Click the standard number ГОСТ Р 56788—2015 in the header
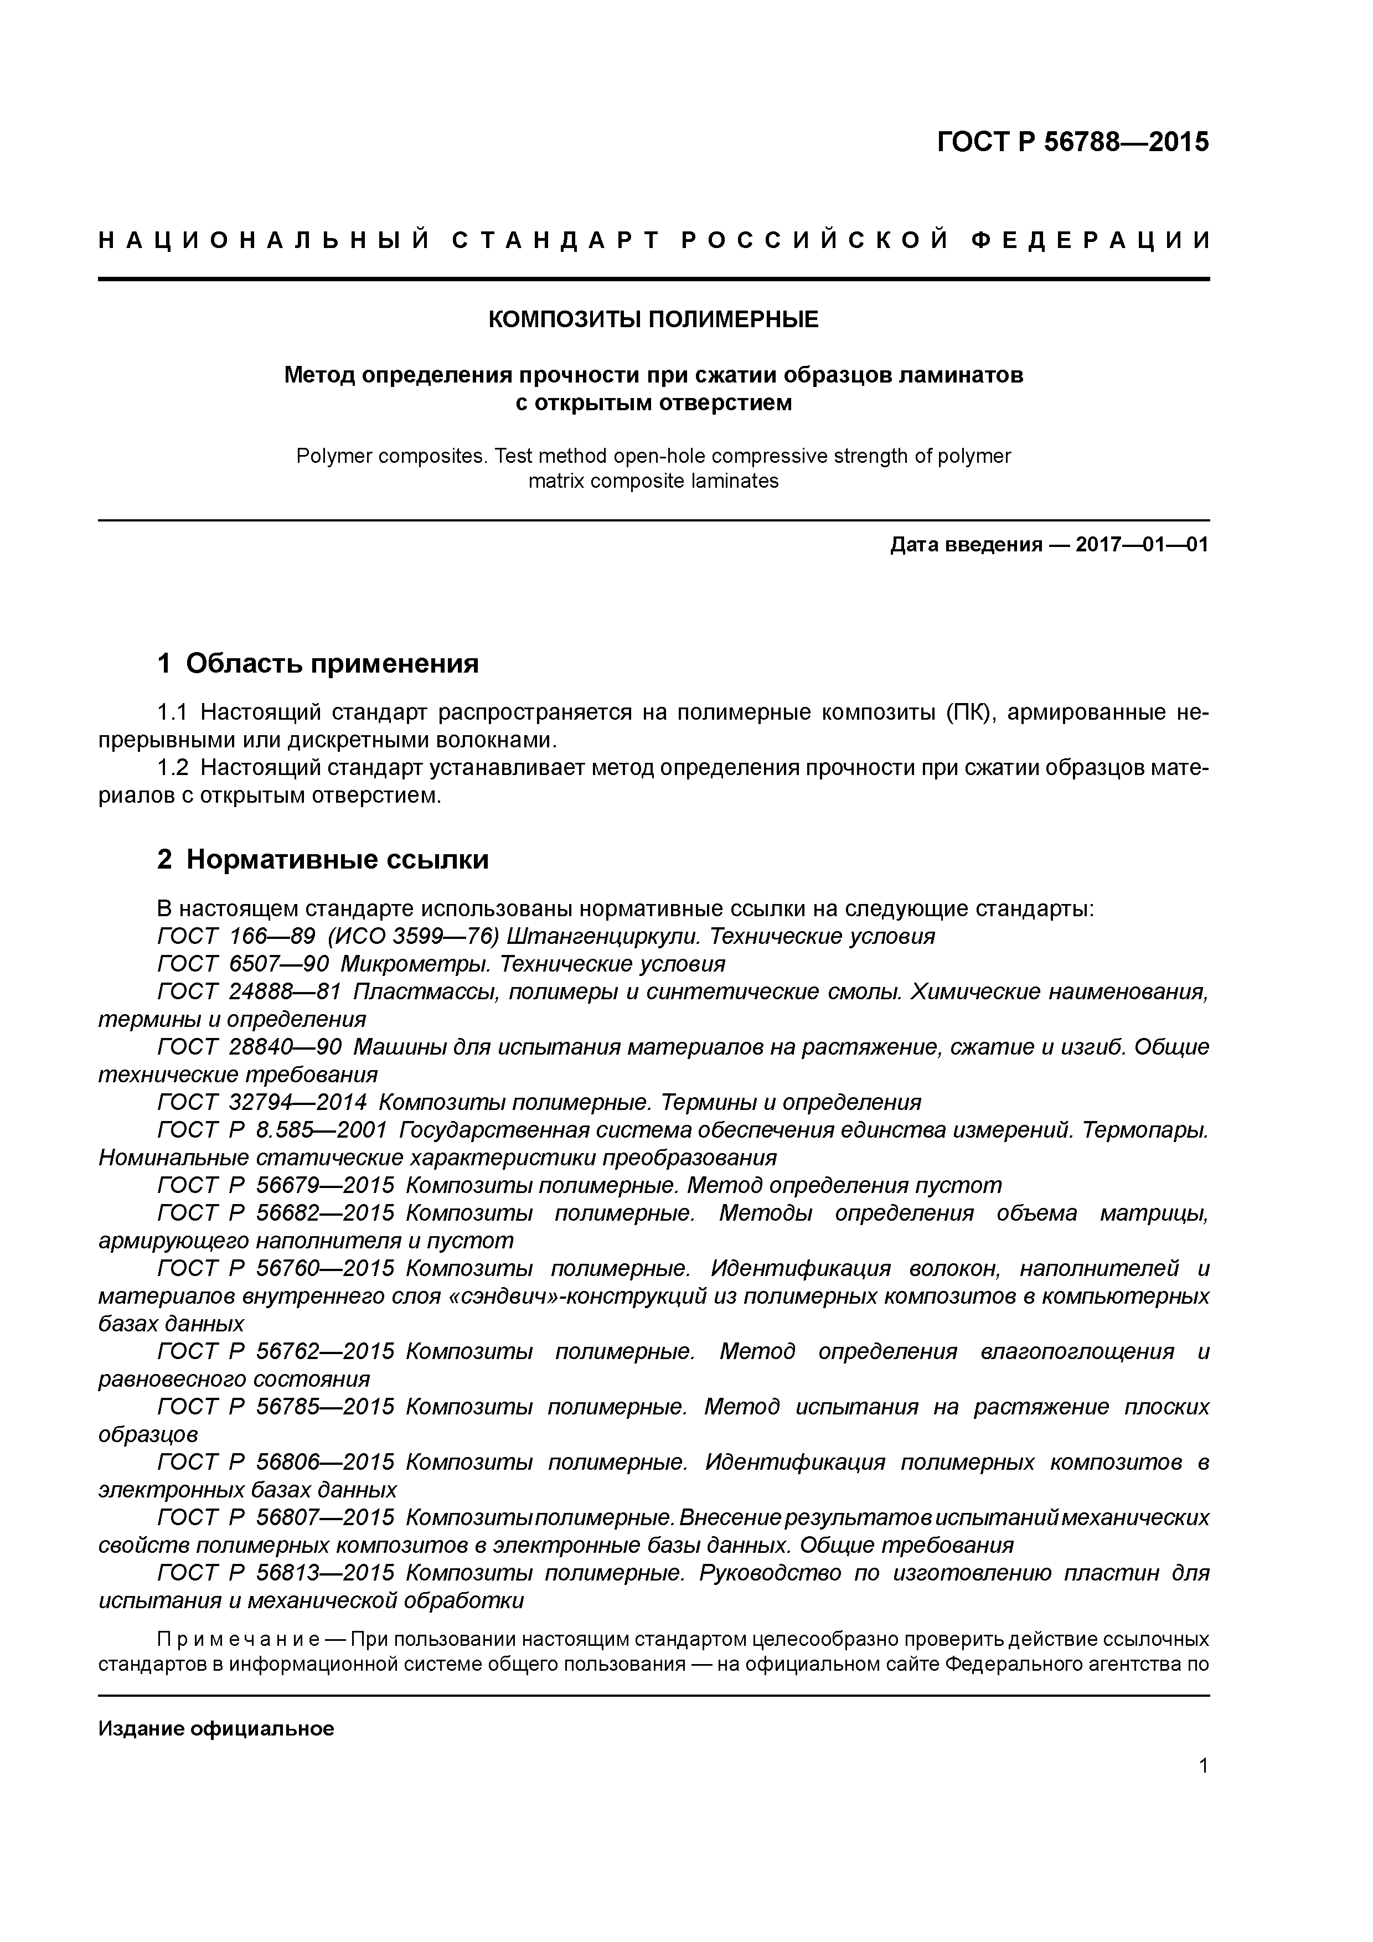(1073, 142)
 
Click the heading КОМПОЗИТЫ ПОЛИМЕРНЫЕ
(653, 320)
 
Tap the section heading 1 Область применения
(318, 664)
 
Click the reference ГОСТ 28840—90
(250, 1047)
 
